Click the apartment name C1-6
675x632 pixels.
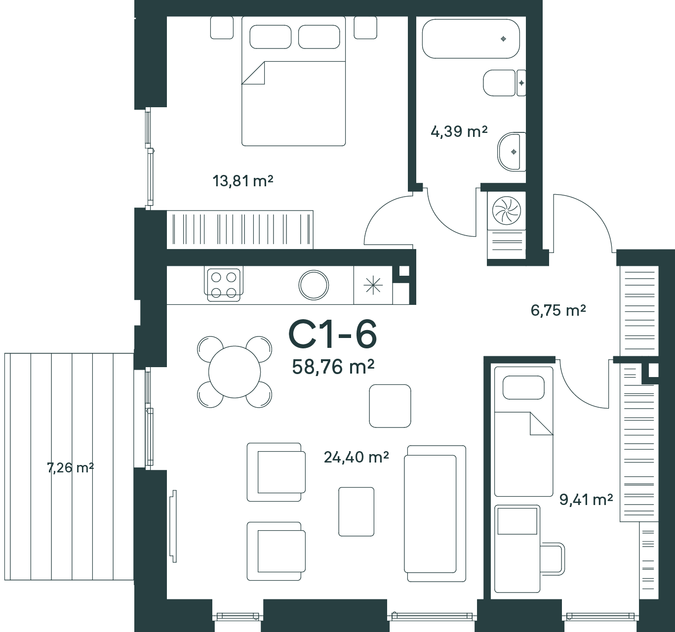click(332, 335)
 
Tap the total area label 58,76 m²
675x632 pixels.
click(333, 367)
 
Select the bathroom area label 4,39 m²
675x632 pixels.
click(459, 131)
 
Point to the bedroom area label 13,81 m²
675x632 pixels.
click(242, 181)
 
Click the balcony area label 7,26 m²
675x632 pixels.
click(70, 468)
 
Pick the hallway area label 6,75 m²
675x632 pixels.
click(558, 310)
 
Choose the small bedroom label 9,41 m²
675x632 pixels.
click(586, 500)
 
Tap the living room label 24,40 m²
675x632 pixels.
click(356, 457)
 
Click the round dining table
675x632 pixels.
click(235, 372)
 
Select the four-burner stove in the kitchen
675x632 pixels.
click(224, 285)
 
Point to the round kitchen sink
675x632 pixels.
click(314, 285)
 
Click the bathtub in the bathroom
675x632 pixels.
click(471, 39)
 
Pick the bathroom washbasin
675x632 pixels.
click(512, 152)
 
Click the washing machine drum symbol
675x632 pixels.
click(507, 211)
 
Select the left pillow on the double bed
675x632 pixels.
click(270, 37)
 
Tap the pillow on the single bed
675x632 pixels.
click(523, 387)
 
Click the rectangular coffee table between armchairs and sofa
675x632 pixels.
click(356, 511)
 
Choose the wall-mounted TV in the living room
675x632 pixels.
click(174, 526)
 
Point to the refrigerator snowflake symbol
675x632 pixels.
click(373, 285)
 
